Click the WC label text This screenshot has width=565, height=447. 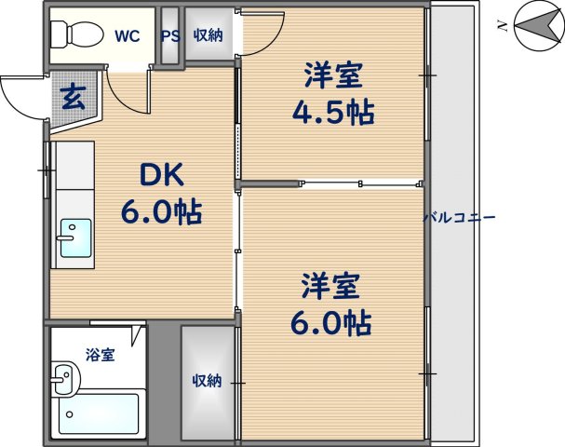(128, 36)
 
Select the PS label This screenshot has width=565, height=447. (170, 36)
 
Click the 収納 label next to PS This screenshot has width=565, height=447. (209, 36)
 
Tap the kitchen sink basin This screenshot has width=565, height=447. (74, 237)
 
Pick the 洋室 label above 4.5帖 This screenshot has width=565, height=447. (330, 74)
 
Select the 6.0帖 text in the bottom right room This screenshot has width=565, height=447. (330, 322)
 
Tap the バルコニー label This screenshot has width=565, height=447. (460, 217)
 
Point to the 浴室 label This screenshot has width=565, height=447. (101, 355)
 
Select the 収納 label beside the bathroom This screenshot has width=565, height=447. (208, 380)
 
